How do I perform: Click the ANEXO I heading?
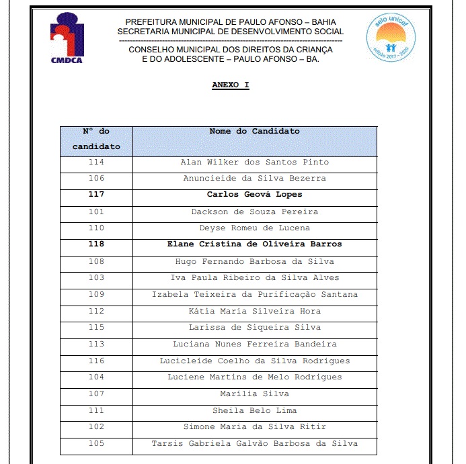pyautogui.click(x=231, y=85)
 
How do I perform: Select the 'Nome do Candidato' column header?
pyautogui.click(x=254, y=132)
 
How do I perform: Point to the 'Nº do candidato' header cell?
pyautogui.click(x=96, y=139)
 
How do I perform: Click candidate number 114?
pyautogui.click(x=96, y=163)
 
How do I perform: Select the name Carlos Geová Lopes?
pyautogui.click(x=254, y=195)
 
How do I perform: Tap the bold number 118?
pyautogui.click(x=96, y=244)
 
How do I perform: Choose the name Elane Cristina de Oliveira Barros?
pyautogui.click(x=254, y=244)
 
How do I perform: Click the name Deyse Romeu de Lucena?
pyautogui.click(x=254, y=228)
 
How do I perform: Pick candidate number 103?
pyautogui.click(x=96, y=278)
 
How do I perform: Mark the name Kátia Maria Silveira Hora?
pyautogui.click(x=254, y=311)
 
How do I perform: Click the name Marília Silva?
pyautogui.click(x=254, y=394)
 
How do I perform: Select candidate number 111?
pyautogui.click(x=96, y=410)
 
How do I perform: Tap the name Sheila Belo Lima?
pyautogui.click(x=254, y=410)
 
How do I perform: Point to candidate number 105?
pyautogui.click(x=96, y=443)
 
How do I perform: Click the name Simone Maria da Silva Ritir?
pyautogui.click(x=254, y=427)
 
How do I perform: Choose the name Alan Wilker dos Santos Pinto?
pyautogui.click(x=254, y=163)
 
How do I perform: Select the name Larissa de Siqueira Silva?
pyautogui.click(x=254, y=328)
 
